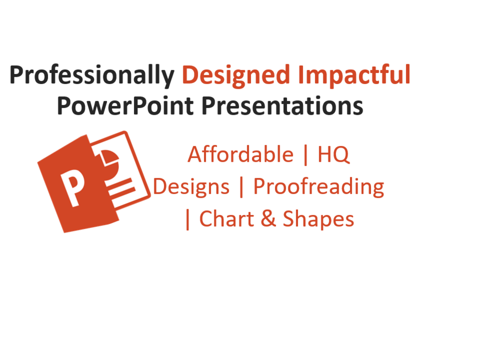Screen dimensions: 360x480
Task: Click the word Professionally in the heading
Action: [x=91, y=76]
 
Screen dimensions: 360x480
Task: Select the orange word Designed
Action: [x=236, y=76]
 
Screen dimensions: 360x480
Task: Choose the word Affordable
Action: [x=240, y=155]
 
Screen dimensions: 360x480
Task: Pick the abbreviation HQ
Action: [x=334, y=155]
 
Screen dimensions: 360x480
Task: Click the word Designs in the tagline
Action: [x=192, y=187]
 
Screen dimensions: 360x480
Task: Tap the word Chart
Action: [x=224, y=219]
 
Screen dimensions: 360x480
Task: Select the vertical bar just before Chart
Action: [x=188, y=220]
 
